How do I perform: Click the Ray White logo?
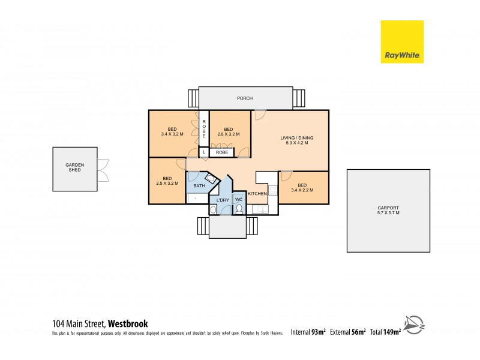(402, 41)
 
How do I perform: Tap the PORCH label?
(245, 98)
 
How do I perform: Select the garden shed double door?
(103, 170)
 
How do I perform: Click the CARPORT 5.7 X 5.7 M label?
(388, 210)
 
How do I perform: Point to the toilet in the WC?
(239, 209)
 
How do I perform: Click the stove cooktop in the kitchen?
(273, 190)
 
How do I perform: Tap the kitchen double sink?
(261, 209)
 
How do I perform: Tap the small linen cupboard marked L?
(204, 153)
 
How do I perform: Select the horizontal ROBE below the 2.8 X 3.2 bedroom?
(221, 153)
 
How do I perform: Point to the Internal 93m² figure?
(310, 331)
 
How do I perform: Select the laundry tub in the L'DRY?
(214, 209)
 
